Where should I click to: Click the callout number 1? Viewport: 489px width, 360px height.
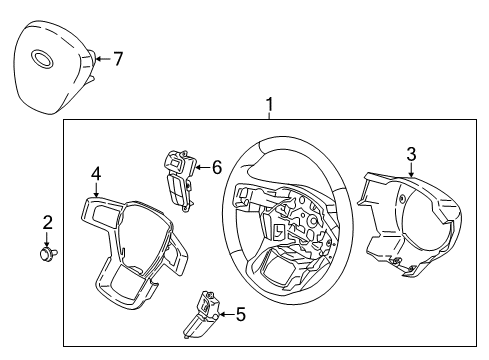click(x=267, y=104)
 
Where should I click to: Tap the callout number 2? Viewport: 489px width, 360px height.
click(x=46, y=222)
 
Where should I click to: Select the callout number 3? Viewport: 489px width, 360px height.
click(x=410, y=153)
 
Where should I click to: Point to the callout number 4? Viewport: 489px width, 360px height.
click(x=96, y=173)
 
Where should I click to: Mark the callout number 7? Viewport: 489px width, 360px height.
click(x=118, y=59)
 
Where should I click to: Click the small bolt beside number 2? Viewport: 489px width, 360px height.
click(x=46, y=256)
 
